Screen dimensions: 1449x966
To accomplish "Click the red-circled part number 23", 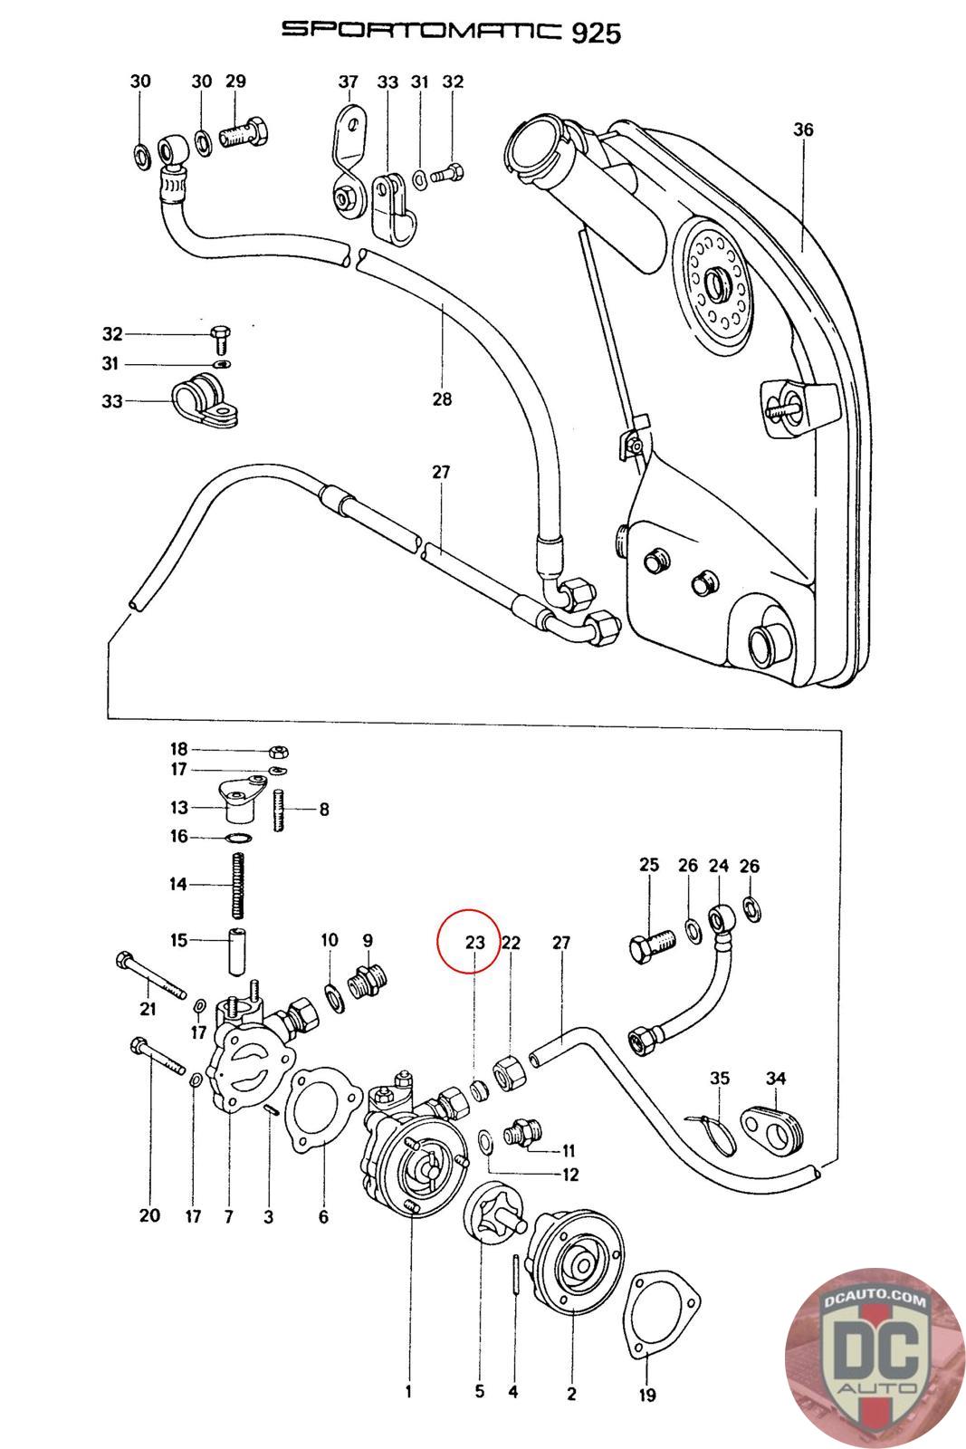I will click(x=475, y=942).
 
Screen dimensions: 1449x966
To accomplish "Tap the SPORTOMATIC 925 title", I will click(x=451, y=31).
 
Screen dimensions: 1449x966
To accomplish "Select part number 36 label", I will click(x=803, y=130).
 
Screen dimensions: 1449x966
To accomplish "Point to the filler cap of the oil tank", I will click(x=534, y=141).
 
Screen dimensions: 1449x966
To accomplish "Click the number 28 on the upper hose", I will click(x=442, y=398).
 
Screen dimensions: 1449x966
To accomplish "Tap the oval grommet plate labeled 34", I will click(x=774, y=1128).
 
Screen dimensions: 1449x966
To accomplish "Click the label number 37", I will click(x=349, y=82).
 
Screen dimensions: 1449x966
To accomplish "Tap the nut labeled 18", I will click(x=279, y=751).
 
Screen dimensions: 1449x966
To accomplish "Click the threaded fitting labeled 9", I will click(x=368, y=980).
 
